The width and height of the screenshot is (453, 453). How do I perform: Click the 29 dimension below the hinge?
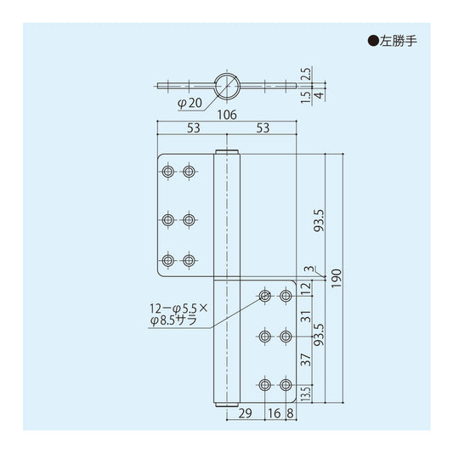(246, 416)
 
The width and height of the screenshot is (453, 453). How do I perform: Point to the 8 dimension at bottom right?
(291, 416)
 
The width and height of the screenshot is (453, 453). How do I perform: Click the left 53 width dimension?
(192, 128)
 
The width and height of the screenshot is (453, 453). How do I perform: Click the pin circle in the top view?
(225, 84)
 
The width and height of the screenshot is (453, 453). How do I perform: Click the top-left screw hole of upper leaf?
(169, 173)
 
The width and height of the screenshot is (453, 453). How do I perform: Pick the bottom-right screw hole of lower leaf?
(286, 385)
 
